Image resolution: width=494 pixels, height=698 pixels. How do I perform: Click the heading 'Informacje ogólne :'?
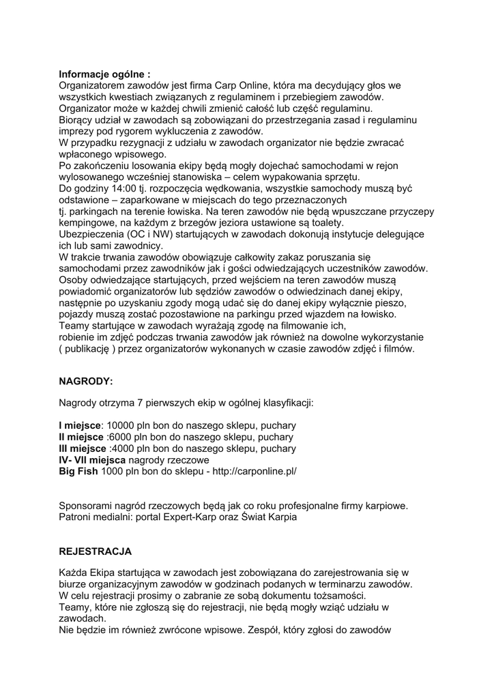pos(104,74)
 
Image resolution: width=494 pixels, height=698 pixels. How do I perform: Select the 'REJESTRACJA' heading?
pos(96,550)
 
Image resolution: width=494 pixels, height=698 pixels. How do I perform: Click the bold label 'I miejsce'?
pos(81,425)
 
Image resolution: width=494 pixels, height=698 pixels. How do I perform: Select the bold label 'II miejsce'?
pos(82,437)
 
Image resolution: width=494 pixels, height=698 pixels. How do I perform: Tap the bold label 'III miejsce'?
pos(83,449)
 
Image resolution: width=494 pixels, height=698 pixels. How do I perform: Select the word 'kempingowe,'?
pos(88,223)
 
